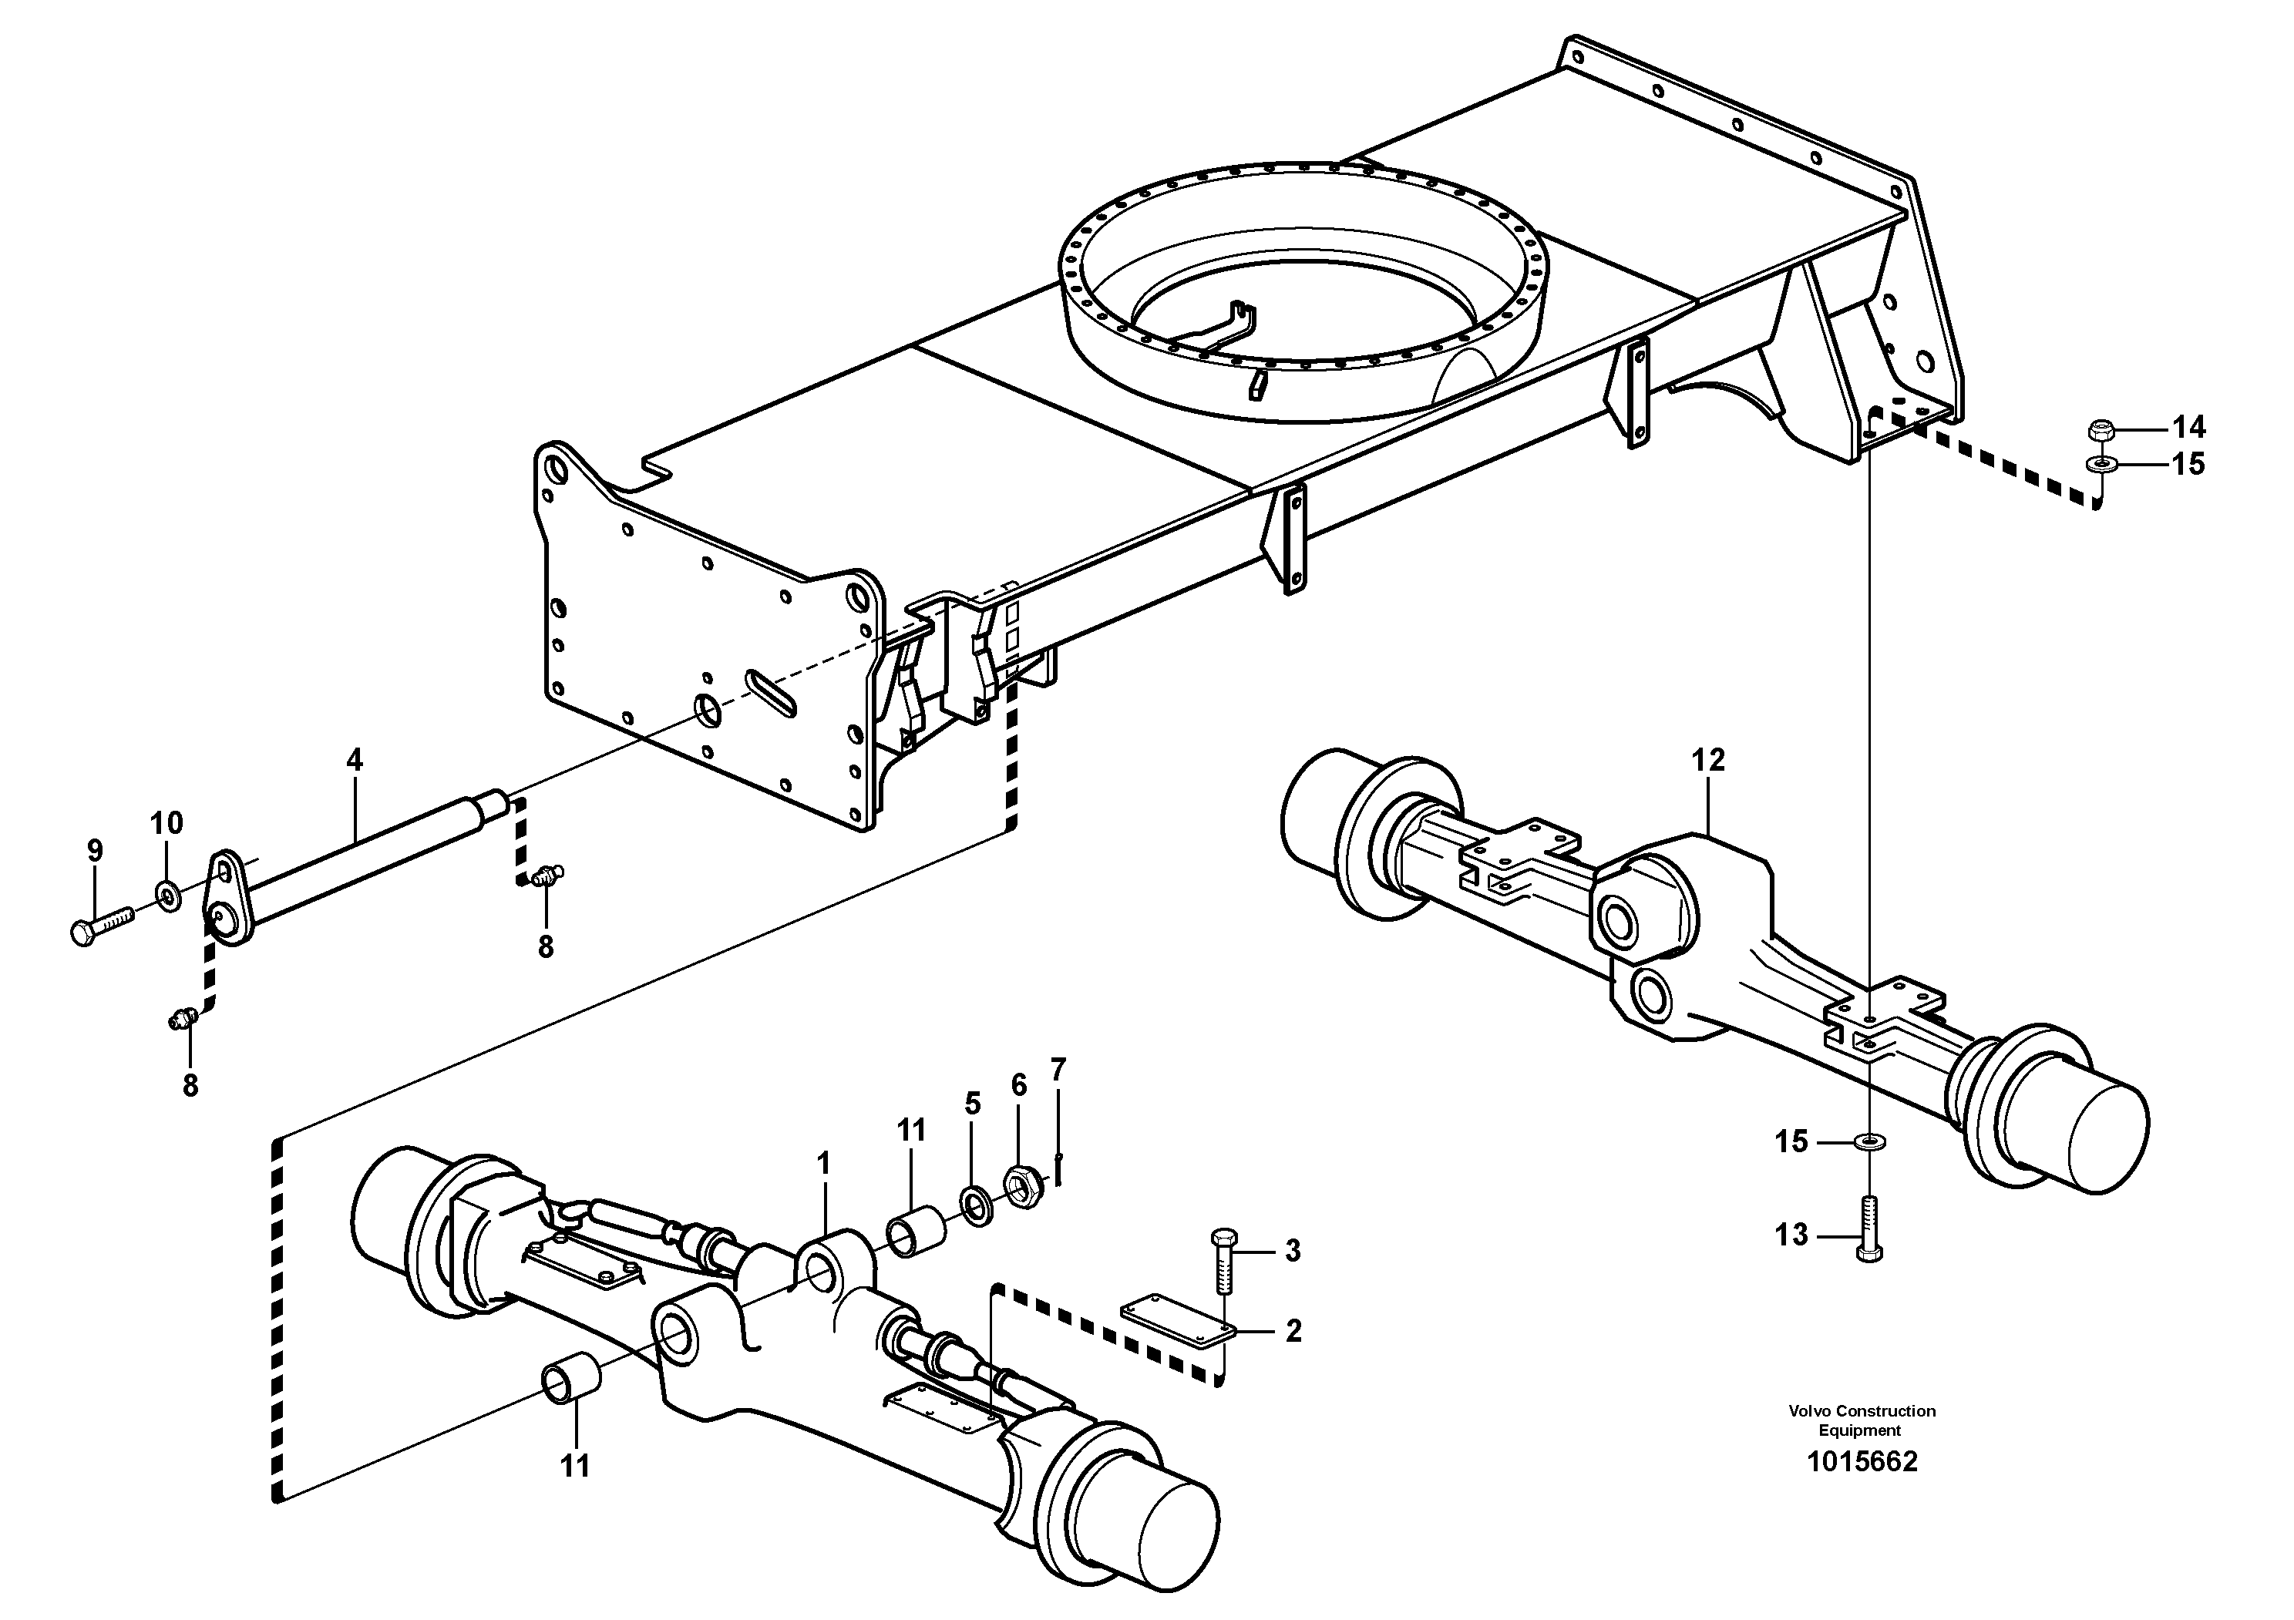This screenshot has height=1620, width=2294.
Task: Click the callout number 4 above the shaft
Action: coord(355,760)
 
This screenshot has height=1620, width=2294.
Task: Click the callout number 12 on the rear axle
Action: coord(1707,761)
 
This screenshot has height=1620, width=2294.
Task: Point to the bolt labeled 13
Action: coord(1868,1229)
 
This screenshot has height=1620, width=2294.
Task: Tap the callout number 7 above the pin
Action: coord(1058,1069)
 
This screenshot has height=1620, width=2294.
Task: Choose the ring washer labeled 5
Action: coord(977,1204)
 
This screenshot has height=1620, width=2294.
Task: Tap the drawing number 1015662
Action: coord(1862,1462)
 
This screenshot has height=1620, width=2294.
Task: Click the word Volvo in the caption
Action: coord(1811,1411)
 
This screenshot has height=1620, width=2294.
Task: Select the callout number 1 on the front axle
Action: coord(824,1164)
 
